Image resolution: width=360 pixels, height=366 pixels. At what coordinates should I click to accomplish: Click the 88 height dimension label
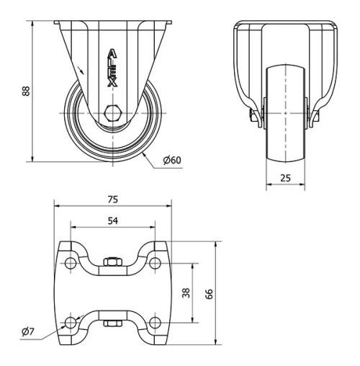[25, 92]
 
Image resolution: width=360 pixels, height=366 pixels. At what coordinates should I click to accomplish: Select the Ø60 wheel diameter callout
[171, 160]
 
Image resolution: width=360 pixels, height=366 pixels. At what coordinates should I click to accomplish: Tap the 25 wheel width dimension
[284, 178]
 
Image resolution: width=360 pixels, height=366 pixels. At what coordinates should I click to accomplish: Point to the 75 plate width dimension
[113, 199]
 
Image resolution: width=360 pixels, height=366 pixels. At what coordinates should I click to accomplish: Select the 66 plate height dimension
[210, 293]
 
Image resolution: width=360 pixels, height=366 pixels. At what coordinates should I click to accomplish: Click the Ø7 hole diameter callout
[27, 331]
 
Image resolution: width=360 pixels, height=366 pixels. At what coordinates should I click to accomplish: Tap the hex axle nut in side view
[114, 113]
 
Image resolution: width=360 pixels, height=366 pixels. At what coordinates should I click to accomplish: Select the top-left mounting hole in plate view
[70, 264]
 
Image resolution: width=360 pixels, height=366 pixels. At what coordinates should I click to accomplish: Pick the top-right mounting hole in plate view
[157, 264]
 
